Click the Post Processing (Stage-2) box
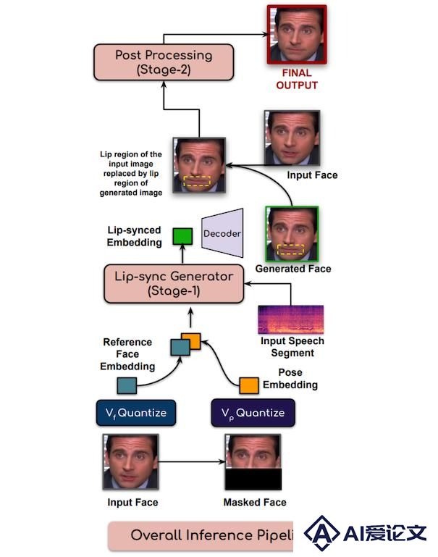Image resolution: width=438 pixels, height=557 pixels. (164, 62)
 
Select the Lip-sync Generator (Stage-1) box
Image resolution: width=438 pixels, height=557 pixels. (174, 283)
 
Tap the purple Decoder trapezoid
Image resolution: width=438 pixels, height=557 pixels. (222, 233)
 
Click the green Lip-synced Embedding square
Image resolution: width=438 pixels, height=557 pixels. (182, 237)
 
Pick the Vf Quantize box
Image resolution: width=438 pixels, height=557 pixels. (136, 412)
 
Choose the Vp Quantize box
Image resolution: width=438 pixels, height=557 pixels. (253, 412)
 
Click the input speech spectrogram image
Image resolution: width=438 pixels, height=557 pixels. (291, 319)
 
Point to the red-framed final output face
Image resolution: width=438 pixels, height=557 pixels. (297, 35)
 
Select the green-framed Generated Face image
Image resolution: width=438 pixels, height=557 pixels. (292, 234)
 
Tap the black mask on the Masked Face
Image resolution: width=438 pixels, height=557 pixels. (253, 479)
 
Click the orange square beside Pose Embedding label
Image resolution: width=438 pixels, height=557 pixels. (249, 386)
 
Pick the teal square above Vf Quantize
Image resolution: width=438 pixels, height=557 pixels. (127, 386)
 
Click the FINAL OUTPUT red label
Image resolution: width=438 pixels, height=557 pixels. (297, 79)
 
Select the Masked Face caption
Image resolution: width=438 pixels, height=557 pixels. (255, 502)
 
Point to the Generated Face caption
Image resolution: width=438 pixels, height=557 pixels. (293, 269)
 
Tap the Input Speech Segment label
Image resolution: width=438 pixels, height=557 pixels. (292, 347)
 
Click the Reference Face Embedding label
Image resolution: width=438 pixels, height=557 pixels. (127, 354)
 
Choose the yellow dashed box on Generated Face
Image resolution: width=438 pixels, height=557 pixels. (291, 249)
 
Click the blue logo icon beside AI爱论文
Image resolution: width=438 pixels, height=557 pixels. (321, 532)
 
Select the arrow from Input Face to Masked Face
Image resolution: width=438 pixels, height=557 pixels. (192, 462)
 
